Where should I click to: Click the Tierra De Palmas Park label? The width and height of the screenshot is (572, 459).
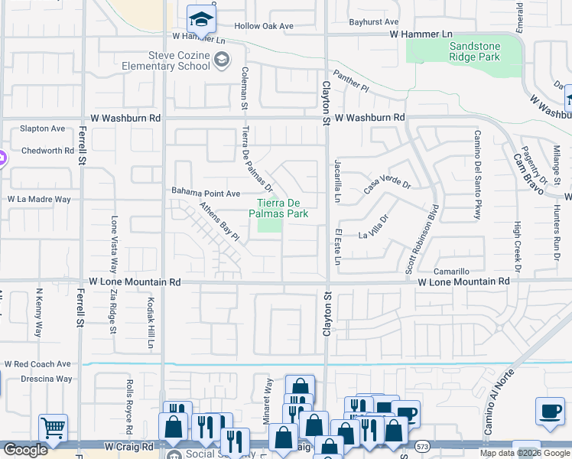click(282, 208)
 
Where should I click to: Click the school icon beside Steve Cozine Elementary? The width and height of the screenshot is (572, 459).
click(222, 60)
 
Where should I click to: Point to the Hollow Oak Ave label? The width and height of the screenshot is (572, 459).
click(264, 26)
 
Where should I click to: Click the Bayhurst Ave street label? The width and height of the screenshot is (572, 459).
click(374, 22)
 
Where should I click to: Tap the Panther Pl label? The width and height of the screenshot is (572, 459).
click(355, 84)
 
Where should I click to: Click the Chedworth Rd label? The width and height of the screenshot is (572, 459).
click(47, 151)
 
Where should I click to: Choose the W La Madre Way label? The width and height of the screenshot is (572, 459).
click(39, 199)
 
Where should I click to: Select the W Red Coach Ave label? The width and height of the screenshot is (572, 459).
click(37, 364)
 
